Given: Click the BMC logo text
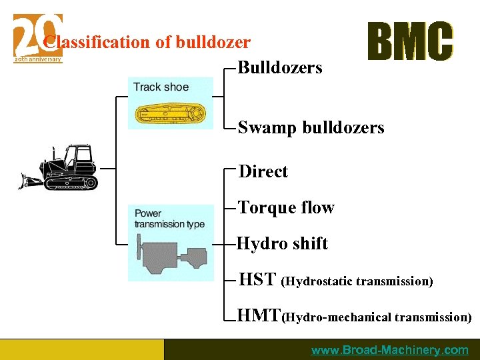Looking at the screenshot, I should point(410,41).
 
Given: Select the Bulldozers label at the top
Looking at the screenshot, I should point(280,67).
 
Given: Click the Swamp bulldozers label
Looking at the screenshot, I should point(311,127).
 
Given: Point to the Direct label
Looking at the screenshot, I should point(263,171).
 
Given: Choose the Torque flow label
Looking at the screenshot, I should point(286,207).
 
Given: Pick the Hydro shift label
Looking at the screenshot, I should point(283,243).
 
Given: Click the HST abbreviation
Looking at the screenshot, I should point(257,280).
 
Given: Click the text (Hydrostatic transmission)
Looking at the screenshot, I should point(357,281).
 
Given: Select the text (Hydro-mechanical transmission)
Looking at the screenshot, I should point(377,317).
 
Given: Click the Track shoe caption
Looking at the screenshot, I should point(161,87).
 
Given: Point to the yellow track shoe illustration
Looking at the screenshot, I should point(171,114).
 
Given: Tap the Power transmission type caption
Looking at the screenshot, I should point(169,219).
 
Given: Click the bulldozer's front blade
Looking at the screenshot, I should point(29,180).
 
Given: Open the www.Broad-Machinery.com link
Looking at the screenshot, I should point(390,350).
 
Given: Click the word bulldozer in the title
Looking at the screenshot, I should point(213,43).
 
